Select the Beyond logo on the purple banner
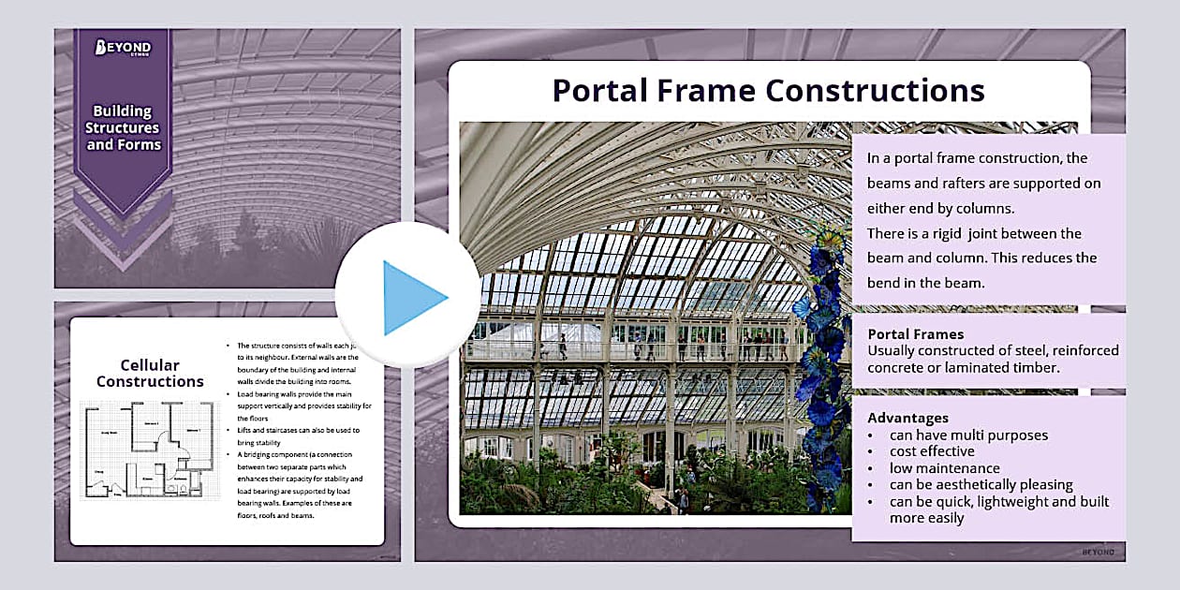coord(124,49)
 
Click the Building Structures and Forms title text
coord(124,127)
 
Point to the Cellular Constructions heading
coord(150,373)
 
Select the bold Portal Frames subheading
coord(915,333)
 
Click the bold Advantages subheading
coord(907,418)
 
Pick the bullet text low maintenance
coord(944,468)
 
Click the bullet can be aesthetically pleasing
coord(981,485)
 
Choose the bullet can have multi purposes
coord(968,435)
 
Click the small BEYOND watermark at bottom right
coord(1098,552)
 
